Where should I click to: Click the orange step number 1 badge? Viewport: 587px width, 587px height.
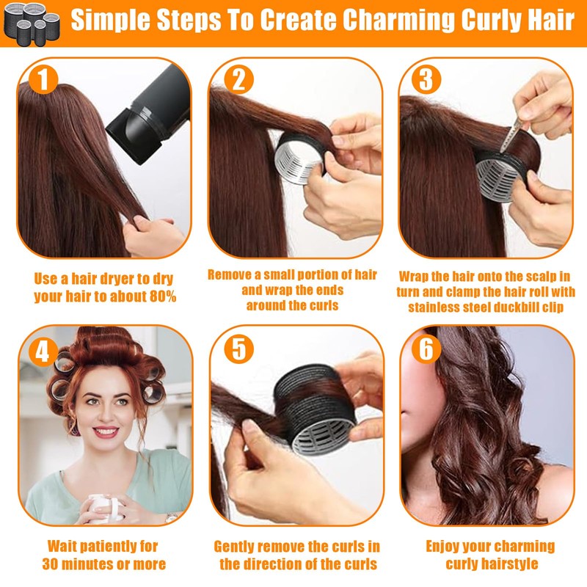[x=43, y=79]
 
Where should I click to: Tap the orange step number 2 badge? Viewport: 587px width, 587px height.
[x=239, y=79]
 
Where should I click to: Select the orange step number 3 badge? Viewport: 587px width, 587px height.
[x=426, y=79]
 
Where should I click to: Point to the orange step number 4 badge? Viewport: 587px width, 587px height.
[x=43, y=352]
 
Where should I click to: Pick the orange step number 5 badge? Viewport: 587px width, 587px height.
[x=239, y=349]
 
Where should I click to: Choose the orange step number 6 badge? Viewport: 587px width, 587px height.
[x=426, y=349]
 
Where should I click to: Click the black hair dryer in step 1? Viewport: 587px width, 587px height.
[x=150, y=114]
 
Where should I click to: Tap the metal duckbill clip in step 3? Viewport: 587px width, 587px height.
[x=511, y=134]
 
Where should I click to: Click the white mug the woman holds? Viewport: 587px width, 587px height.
[x=106, y=507]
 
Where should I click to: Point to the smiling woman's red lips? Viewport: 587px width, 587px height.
[x=106, y=432]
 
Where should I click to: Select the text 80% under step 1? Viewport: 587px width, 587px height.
[x=163, y=296]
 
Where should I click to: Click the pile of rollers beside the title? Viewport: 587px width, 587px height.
[x=32, y=23]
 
